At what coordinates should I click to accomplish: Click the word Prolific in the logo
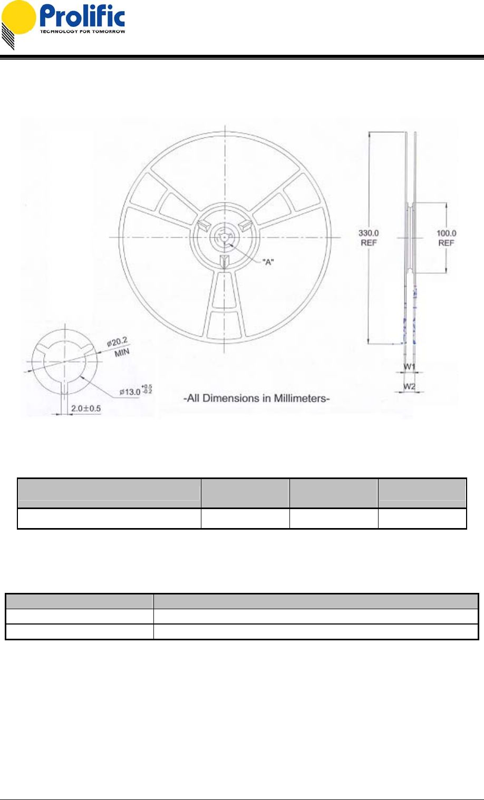pos(82,16)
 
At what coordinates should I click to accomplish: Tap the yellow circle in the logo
pos(18,17)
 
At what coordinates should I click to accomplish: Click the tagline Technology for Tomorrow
pos(83,32)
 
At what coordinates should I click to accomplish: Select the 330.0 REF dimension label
pos(369,238)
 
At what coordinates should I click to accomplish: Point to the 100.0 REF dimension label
pos(446,238)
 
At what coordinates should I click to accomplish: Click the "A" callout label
pos(268,262)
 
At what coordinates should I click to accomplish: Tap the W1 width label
pos(409,367)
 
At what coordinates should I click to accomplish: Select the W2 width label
pos(409,386)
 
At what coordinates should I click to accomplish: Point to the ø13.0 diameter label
pos(130,392)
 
